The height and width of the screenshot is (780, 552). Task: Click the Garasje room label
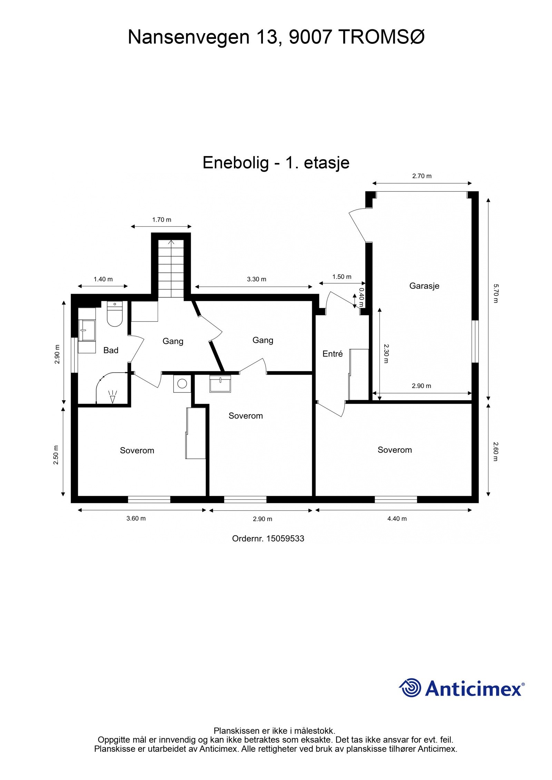tap(424, 286)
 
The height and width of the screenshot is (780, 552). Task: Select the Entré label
tap(333, 354)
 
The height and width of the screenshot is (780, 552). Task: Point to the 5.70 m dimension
tap(496, 293)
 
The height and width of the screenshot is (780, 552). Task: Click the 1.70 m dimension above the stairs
tap(161, 220)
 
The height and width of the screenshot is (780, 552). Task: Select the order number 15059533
tap(268, 539)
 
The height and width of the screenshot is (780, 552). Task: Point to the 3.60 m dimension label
tap(136, 518)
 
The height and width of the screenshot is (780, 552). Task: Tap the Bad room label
tap(111, 351)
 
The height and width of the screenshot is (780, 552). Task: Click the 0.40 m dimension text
tap(361, 297)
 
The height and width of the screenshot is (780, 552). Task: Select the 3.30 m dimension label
tap(256, 279)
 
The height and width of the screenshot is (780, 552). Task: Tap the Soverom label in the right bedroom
tap(395, 450)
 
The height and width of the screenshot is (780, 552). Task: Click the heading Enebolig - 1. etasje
tap(276, 163)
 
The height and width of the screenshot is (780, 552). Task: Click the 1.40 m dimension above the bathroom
tap(103, 279)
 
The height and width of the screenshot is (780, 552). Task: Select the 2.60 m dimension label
tap(496, 452)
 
